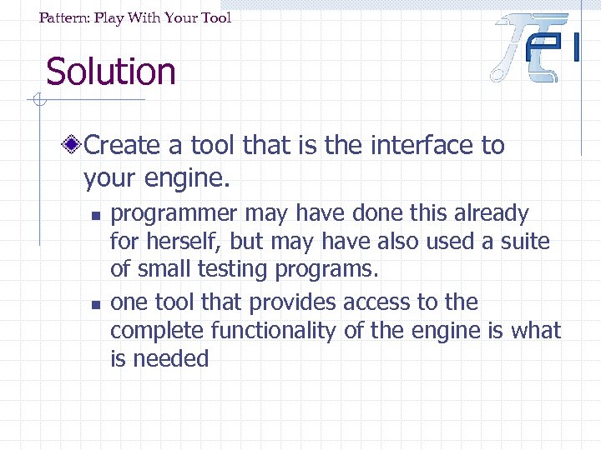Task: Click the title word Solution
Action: pyautogui.click(x=110, y=72)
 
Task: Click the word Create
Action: pyautogui.click(x=122, y=145)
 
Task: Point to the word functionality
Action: pyautogui.click(x=275, y=331)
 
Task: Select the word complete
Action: pyautogui.click(x=157, y=332)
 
